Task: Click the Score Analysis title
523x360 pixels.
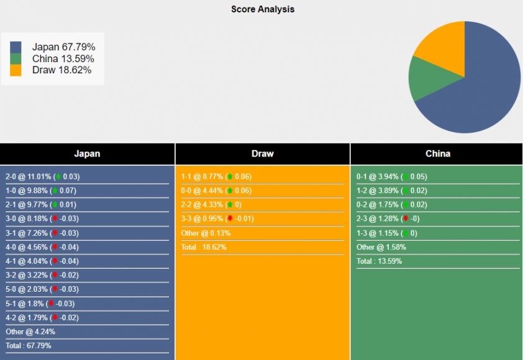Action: click(263, 9)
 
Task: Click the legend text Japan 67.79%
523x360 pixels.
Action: click(63, 47)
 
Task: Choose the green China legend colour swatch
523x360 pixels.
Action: click(16, 59)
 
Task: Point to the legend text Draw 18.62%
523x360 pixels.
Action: click(61, 70)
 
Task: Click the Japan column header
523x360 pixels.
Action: click(87, 154)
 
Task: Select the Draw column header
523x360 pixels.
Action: click(263, 154)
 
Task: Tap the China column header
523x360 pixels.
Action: click(438, 154)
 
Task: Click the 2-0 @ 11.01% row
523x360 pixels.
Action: click(42, 177)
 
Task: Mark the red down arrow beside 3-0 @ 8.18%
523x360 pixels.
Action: click(55, 219)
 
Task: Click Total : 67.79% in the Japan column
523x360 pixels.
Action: click(29, 346)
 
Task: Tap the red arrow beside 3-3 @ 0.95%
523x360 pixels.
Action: click(229, 219)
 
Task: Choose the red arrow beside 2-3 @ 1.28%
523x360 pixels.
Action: click(405, 219)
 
